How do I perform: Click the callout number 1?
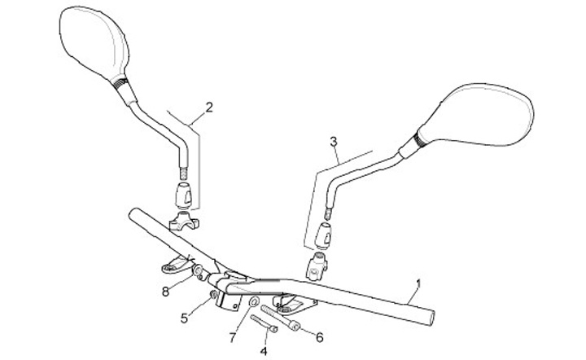coord(418,284)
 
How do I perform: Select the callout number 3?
coord(333,142)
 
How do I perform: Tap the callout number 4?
coord(263,350)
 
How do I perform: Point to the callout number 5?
coord(183,317)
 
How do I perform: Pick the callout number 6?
coord(319,336)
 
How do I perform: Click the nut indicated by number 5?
coord(214,295)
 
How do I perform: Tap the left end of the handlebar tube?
coord(133,214)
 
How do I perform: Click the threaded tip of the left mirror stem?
coord(184,173)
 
